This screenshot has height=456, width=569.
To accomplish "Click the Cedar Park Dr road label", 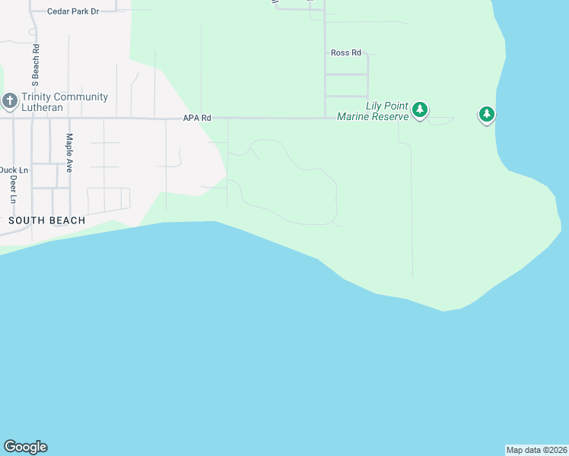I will (x=73, y=12).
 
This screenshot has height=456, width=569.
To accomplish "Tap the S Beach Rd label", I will (x=35, y=65).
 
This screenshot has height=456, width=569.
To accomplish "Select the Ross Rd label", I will (x=345, y=52).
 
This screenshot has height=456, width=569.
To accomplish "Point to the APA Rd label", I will (x=195, y=119).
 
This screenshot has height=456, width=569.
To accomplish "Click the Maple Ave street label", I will (x=69, y=153).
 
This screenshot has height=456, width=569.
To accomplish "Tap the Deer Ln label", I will (x=14, y=190).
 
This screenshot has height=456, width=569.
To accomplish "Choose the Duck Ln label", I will (x=14, y=169).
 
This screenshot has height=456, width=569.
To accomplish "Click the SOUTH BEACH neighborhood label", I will (x=46, y=220).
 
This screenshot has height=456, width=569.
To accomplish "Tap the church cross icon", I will (x=9, y=101).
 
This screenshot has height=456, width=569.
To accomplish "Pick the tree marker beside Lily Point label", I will (x=419, y=111).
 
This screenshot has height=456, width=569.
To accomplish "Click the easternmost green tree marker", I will (x=486, y=114).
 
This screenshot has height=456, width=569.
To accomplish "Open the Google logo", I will (x=25, y=447).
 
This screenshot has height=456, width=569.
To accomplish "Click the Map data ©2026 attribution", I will (x=536, y=450).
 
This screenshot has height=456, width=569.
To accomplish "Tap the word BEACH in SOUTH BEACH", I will (x=67, y=220).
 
